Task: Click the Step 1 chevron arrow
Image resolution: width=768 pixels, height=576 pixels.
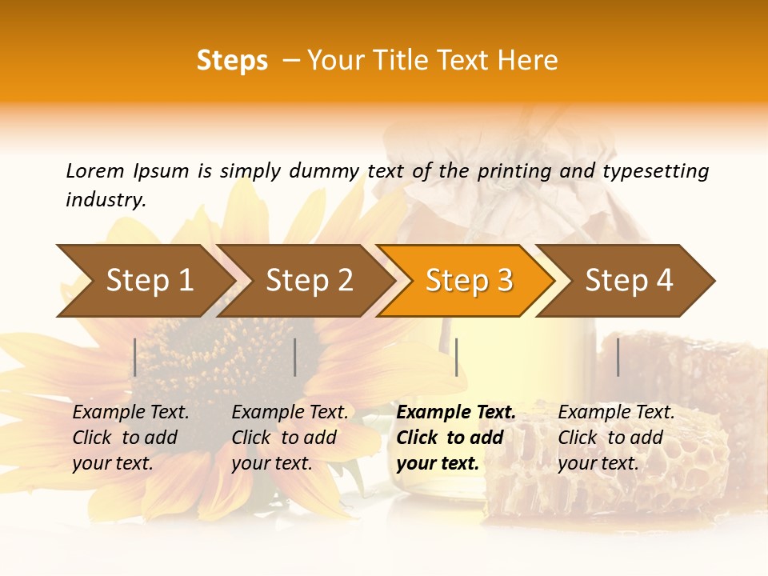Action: (149, 281)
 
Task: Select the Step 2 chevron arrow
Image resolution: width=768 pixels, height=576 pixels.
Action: (309, 281)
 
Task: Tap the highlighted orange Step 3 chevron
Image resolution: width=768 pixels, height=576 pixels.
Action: (469, 281)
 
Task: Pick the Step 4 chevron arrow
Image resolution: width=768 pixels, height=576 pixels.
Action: (629, 281)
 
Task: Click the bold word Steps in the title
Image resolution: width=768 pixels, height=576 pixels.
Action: (232, 61)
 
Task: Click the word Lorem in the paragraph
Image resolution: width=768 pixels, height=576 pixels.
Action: (95, 170)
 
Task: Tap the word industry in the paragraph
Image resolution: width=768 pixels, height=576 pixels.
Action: (105, 200)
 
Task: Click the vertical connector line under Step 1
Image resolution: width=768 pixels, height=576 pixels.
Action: (135, 357)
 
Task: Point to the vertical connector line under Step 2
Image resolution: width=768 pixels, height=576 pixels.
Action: (295, 357)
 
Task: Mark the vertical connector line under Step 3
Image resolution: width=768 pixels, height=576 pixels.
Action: (456, 357)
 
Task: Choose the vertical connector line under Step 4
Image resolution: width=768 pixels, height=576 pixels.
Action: (618, 357)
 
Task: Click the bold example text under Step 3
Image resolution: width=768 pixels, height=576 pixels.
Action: (454, 438)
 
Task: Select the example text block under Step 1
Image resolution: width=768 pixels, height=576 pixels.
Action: (130, 438)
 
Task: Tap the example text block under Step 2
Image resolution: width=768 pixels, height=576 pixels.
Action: (289, 438)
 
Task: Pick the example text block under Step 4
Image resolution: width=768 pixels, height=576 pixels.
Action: (615, 438)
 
